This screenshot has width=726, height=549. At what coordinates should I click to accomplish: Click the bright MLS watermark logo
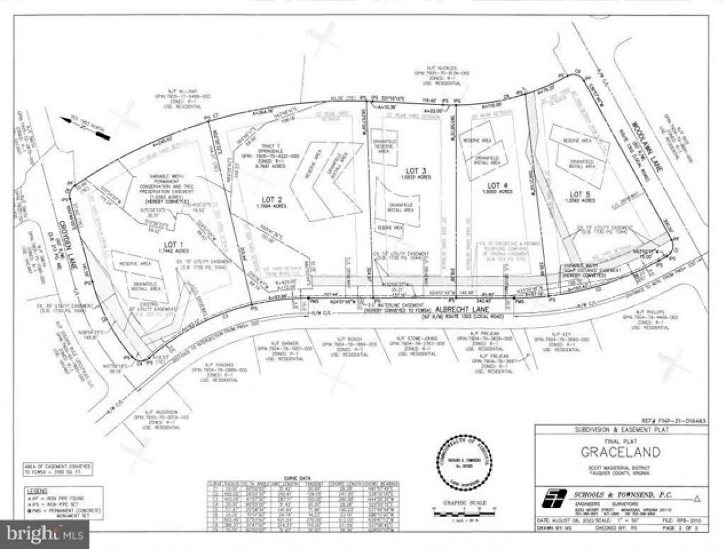44,535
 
